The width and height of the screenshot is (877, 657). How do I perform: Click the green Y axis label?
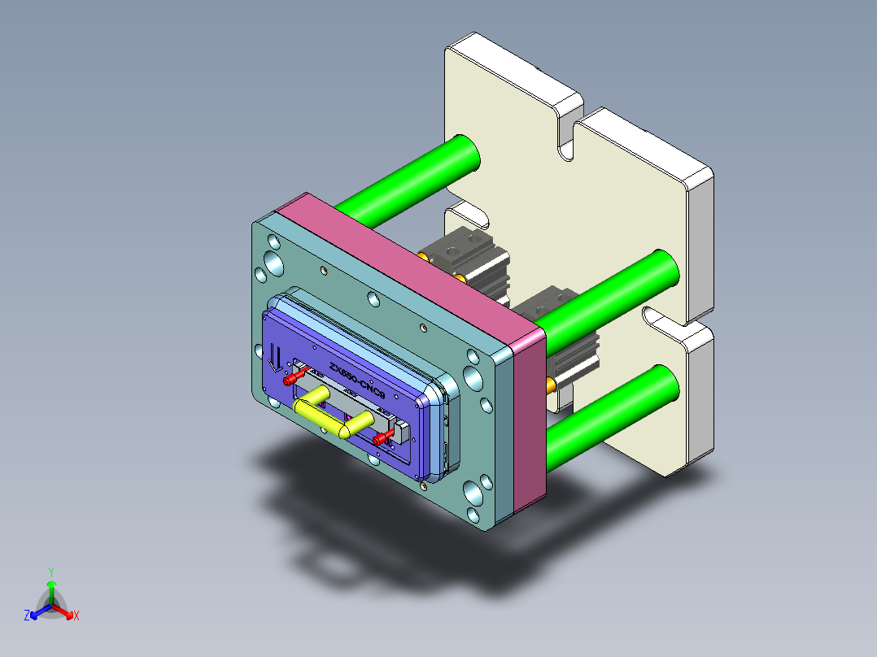point(50,571)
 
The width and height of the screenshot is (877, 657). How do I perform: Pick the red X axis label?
point(76,616)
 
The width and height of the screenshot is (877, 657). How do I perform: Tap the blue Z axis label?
point(27,616)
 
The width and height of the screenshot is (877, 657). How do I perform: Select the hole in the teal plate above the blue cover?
point(373,299)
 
